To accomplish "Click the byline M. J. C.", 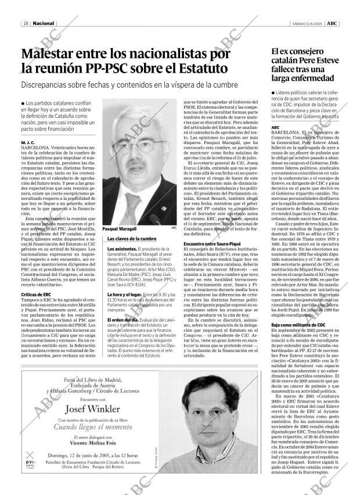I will (28, 142).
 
